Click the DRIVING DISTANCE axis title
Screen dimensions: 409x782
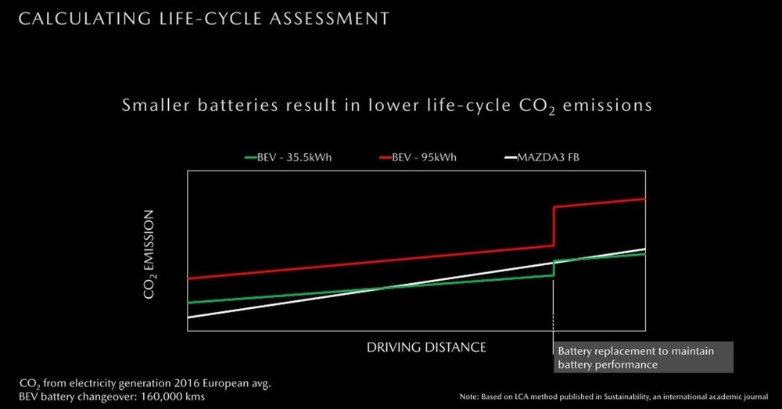427,346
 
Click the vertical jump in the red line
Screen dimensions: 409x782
554,227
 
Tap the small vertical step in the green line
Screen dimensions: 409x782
554,268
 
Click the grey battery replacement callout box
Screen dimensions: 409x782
643,357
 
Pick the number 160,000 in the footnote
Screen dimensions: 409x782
168,396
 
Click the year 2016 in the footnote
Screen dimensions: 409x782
177,384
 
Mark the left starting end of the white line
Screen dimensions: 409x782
189,317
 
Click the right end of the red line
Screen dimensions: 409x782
644,199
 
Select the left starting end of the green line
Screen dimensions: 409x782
189,302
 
